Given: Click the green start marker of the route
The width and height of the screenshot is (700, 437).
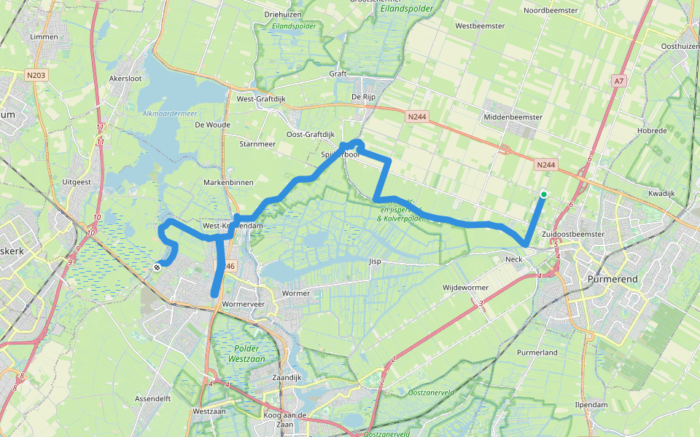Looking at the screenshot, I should [543, 194].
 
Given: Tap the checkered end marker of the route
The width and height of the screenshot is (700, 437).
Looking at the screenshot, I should [157, 267].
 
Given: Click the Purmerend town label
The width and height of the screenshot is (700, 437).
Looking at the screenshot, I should [609, 279].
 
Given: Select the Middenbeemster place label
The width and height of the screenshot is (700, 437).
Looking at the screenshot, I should [513, 117].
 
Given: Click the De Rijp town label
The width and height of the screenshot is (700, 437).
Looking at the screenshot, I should [362, 97].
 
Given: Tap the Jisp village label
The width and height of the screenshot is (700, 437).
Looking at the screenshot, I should [375, 260].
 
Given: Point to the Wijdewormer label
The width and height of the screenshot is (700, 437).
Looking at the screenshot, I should [464, 288].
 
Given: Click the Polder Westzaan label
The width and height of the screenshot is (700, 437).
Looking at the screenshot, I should [249, 354].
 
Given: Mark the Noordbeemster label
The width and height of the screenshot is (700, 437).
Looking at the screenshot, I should [551, 10].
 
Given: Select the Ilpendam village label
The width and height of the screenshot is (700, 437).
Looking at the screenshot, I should [591, 403].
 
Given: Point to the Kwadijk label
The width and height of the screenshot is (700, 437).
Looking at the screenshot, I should [661, 193].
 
